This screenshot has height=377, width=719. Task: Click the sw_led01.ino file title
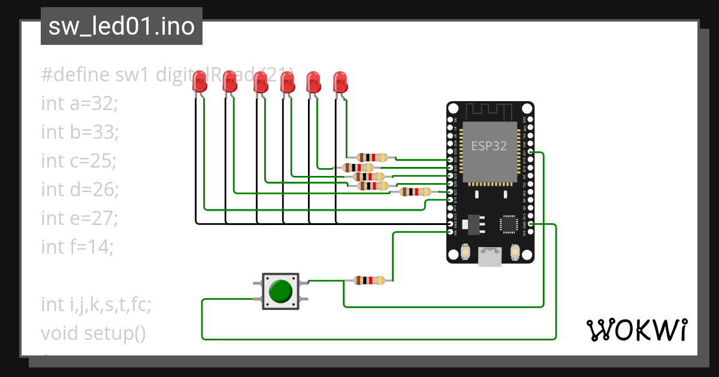122,26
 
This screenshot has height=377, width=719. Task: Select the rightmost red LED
340,82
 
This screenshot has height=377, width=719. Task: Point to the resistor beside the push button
369,280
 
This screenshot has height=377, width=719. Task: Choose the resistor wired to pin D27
415,191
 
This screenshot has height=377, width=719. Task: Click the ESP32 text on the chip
489,145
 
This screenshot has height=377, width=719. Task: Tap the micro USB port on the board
490,257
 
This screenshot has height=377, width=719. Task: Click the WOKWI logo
636,330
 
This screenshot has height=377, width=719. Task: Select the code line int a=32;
80,104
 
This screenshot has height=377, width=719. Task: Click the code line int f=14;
77,246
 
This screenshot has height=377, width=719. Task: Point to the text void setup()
93,332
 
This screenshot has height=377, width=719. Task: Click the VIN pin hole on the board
451,232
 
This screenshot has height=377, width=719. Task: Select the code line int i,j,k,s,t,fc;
96,305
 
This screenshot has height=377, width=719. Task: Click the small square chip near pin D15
509,224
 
